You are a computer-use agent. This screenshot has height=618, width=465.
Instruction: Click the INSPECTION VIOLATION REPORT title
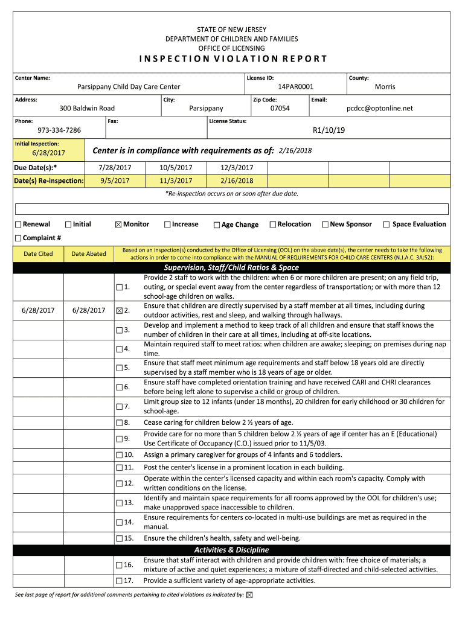point(232,59)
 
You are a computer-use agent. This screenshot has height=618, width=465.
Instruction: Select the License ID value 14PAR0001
point(295,87)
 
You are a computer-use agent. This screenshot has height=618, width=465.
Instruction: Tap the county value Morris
point(385,87)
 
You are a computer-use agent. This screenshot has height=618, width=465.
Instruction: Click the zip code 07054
point(280,109)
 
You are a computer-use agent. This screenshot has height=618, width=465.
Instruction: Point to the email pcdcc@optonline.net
point(379,109)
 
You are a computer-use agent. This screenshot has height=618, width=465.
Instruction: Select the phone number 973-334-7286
point(59,130)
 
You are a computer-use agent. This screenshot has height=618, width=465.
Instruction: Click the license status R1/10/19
point(329,130)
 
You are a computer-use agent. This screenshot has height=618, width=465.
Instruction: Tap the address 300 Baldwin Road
point(87,109)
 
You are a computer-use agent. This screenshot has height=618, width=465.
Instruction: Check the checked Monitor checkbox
point(118,225)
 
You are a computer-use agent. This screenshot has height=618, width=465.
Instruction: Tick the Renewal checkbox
point(18,225)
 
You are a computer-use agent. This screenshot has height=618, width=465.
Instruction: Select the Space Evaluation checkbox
point(386,225)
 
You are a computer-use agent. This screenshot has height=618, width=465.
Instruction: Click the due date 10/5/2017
point(176,168)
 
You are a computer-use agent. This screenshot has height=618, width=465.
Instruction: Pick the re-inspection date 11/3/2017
point(176,180)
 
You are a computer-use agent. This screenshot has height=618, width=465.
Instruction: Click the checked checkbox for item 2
point(119,311)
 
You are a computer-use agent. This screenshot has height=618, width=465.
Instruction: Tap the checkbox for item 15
point(119,538)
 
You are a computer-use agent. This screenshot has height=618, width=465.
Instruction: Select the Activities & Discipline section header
point(231,550)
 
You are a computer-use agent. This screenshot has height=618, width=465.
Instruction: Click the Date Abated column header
point(88,254)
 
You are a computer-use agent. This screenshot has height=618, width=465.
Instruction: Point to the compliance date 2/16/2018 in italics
point(295,150)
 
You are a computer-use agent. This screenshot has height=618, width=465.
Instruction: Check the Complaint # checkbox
point(18,238)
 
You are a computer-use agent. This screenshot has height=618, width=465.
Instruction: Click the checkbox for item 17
point(119,581)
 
